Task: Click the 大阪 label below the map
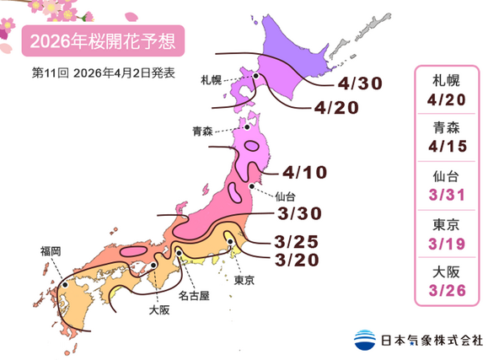pos(158,309)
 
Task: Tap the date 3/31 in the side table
pos(448,196)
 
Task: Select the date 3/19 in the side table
pos(448,244)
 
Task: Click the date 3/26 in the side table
pos(448,291)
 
